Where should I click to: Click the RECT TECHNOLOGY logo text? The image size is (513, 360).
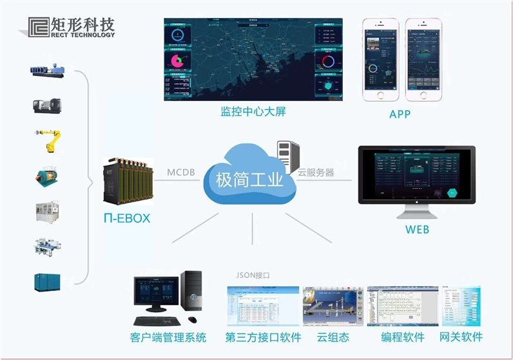point(82,35)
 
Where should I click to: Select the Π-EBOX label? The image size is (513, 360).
point(127,218)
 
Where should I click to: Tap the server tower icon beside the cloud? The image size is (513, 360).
point(288,156)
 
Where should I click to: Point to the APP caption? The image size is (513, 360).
point(400,115)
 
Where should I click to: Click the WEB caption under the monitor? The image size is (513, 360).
point(416,229)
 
